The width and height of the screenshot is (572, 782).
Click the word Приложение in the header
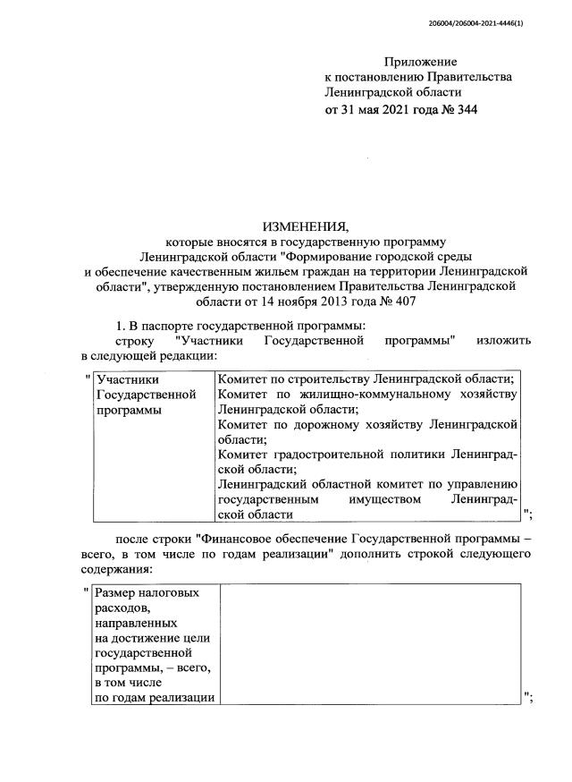420,62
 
